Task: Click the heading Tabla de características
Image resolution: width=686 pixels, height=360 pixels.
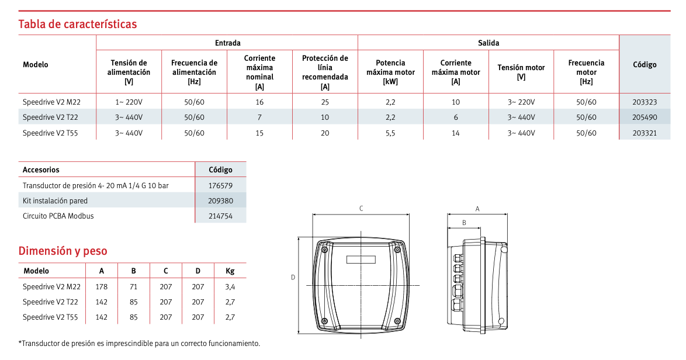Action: click(x=78, y=24)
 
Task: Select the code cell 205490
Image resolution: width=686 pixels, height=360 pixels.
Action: click(x=645, y=117)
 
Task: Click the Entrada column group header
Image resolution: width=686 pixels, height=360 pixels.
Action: click(x=227, y=43)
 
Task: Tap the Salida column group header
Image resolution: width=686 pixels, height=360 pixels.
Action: click(x=488, y=43)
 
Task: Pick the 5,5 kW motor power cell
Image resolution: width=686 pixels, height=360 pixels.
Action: click(x=390, y=133)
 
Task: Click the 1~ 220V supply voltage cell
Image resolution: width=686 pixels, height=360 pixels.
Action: click(x=129, y=102)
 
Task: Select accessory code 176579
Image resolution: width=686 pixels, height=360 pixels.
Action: click(x=220, y=185)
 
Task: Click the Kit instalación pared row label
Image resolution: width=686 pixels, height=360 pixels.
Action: click(x=55, y=200)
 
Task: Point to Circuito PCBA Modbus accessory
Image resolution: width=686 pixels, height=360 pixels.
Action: click(x=58, y=216)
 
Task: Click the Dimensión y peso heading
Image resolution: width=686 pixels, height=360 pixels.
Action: click(x=63, y=251)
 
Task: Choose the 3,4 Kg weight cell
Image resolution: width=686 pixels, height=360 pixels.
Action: click(x=230, y=286)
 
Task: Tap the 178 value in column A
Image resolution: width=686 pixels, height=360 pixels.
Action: click(x=102, y=286)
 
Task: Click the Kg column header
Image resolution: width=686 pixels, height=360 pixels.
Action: click(x=230, y=271)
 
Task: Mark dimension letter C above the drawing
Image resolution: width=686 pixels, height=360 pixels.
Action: click(x=361, y=209)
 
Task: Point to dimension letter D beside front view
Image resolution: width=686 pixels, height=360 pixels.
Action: click(x=293, y=278)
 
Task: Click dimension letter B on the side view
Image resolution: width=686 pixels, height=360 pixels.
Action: click(x=464, y=222)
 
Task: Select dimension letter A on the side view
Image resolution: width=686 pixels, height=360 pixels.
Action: click(x=477, y=209)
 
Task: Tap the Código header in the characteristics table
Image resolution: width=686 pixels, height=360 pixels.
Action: click(x=645, y=65)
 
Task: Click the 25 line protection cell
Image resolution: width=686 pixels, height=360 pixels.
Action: click(x=325, y=102)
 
